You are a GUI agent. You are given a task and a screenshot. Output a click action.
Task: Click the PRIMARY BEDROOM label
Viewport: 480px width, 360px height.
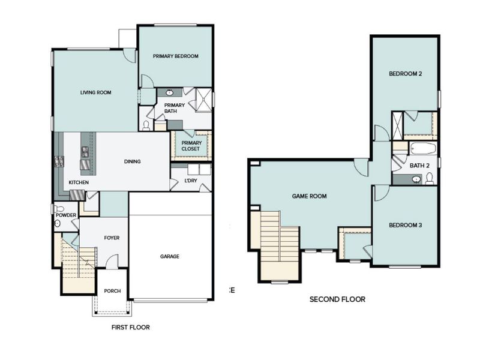(x=175, y=56)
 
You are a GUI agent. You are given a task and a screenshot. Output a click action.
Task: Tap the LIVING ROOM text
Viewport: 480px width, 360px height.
(x=97, y=92)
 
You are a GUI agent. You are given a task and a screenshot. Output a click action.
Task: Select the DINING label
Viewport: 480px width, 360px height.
(x=132, y=161)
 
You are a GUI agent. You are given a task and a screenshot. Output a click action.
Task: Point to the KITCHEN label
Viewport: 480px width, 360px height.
(x=79, y=182)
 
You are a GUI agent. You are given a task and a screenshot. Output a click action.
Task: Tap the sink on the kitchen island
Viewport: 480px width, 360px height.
(x=86, y=151)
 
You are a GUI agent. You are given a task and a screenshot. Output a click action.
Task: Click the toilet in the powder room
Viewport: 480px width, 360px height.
(x=58, y=223)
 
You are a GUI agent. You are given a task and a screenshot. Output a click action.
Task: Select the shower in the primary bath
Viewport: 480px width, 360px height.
(x=205, y=100)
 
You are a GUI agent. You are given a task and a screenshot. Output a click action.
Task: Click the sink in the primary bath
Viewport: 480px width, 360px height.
(x=169, y=93)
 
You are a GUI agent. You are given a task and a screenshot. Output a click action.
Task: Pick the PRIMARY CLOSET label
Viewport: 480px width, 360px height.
(x=191, y=146)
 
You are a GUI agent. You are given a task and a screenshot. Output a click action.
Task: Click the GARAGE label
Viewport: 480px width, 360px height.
(x=169, y=256)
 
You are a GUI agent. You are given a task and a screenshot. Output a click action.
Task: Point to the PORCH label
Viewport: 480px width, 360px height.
(x=112, y=291)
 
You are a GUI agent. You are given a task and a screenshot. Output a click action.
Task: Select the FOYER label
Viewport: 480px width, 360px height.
(x=112, y=238)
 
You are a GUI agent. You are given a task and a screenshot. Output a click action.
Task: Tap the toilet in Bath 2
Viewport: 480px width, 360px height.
(x=429, y=178)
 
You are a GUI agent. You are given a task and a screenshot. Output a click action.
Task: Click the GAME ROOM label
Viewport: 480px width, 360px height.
(x=309, y=196)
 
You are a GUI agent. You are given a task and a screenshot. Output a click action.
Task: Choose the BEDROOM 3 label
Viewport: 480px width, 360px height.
(x=406, y=225)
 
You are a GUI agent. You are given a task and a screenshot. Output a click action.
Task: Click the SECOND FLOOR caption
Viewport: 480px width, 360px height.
(x=337, y=299)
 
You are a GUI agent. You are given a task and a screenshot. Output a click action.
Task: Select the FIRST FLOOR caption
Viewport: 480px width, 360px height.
(x=130, y=328)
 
